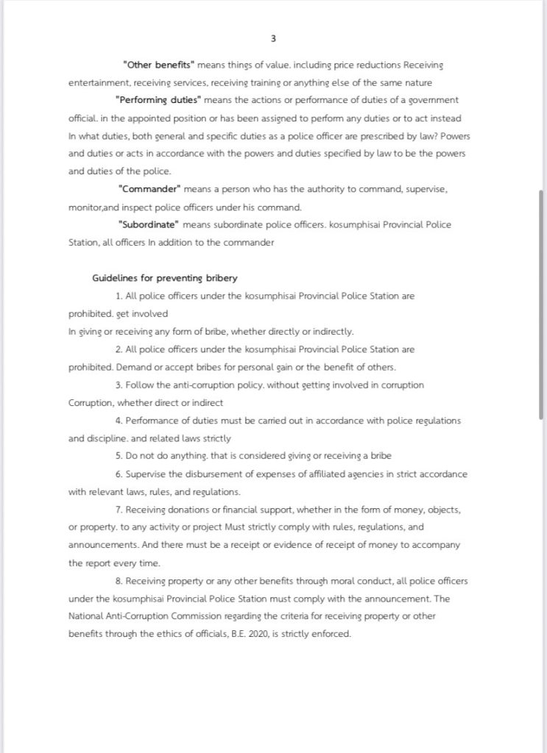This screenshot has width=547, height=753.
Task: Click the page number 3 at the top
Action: tap(274, 38)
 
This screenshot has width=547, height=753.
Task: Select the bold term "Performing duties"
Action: tap(158, 100)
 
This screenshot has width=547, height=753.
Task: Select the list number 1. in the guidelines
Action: tap(119, 296)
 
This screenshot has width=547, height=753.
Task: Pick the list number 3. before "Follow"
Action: tap(119, 385)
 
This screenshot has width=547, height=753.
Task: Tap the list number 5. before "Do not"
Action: tap(119, 456)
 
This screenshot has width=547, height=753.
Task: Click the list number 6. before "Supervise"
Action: tap(119, 474)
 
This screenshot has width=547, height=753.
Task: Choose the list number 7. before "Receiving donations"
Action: tap(119, 510)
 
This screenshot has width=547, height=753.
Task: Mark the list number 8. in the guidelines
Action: tap(119, 581)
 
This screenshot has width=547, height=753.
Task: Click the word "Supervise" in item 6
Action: tap(146, 474)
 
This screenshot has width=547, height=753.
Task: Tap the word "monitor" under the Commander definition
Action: tap(84, 207)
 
